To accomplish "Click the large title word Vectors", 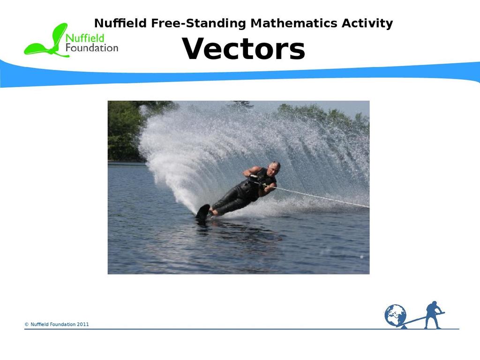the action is coord(243,49).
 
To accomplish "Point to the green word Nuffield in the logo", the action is coord(85,38).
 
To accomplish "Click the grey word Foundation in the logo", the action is coord(92,48).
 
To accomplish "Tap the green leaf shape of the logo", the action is coord(46,41).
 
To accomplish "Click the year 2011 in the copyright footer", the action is coord(82,324).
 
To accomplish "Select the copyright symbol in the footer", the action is coord(27,324).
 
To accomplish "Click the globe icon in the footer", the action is coord(395,315).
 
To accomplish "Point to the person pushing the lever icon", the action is coord(434,315).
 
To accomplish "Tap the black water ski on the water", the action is coord(203,212).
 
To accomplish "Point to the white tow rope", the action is coord(321,197).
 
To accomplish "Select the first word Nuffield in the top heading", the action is coord(120,23).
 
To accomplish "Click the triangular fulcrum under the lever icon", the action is coord(404,327).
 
